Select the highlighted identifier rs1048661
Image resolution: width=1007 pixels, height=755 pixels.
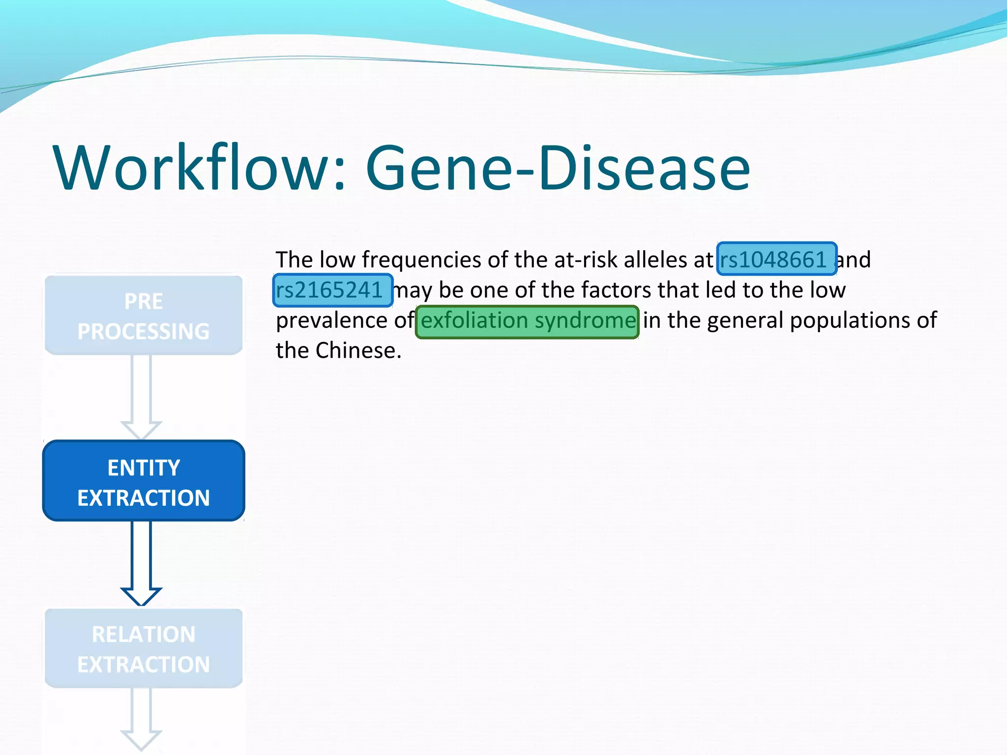click(776, 259)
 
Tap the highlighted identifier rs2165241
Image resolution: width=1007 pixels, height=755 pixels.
click(332, 290)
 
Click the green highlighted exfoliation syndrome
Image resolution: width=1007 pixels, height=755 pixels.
click(527, 321)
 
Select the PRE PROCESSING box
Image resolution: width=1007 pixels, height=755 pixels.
click(144, 316)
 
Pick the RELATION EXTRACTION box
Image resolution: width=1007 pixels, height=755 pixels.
click(144, 648)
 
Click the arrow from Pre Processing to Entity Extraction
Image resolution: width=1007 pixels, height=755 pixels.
click(141, 396)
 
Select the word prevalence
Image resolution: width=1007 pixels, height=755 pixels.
click(331, 321)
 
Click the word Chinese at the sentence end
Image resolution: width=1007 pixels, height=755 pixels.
click(358, 351)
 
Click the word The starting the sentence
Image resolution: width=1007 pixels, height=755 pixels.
click(294, 260)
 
